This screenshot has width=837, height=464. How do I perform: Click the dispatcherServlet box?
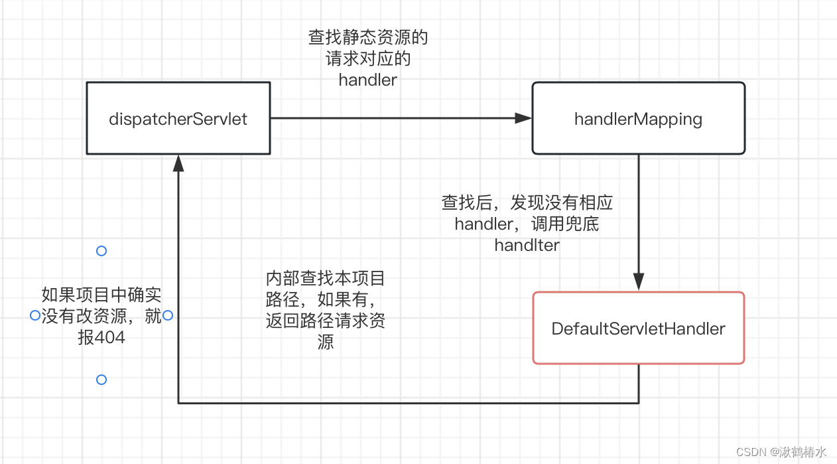click(x=178, y=119)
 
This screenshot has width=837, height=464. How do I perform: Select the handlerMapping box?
click(x=638, y=119)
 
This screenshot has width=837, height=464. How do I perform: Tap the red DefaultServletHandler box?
click(x=638, y=328)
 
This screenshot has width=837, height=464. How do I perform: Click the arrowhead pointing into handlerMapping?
click(x=524, y=118)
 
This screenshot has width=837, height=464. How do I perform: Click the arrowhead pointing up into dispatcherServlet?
click(x=178, y=163)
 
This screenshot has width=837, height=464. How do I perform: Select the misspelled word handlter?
click(x=527, y=245)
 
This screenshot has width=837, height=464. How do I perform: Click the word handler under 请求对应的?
click(x=367, y=80)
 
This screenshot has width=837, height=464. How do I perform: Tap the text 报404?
click(x=101, y=338)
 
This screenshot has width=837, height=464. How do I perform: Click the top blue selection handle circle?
click(x=101, y=251)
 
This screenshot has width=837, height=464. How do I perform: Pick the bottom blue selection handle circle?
click(x=101, y=380)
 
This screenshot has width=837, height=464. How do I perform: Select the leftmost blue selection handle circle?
click(x=35, y=315)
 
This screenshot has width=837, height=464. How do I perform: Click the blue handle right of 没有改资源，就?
click(x=168, y=315)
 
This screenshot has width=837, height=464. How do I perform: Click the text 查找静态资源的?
click(x=367, y=37)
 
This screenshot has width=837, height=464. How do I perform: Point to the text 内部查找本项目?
click(x=325, y=277)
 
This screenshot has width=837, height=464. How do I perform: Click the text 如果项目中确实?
click(x=101, y=294)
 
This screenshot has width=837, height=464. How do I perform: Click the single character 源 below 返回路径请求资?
click(x=325, y=343)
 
